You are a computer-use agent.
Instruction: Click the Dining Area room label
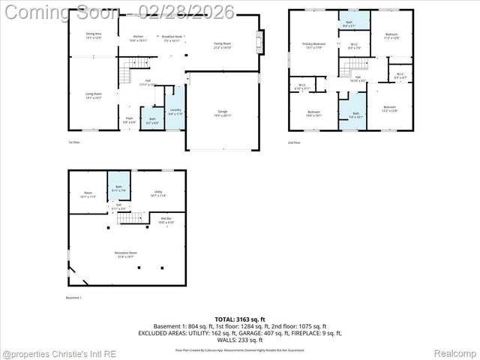coord(94,35)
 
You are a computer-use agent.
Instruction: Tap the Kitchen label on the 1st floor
coord(138,38)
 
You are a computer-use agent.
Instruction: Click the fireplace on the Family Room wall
coord(261,40)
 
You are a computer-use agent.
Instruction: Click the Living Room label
coord(94,95)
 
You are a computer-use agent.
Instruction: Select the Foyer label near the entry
coord(129,119)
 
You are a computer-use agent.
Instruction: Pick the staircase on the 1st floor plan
coord(124,75)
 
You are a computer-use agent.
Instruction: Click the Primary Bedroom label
coord(313,46)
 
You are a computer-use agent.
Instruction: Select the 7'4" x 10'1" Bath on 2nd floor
coord(355,115)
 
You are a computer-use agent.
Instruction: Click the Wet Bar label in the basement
coord(166,220)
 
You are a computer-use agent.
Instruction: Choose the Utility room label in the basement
coord(158,193)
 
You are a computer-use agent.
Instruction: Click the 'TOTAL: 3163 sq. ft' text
coord(239,319)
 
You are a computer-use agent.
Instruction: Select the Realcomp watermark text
coord(454,352)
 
